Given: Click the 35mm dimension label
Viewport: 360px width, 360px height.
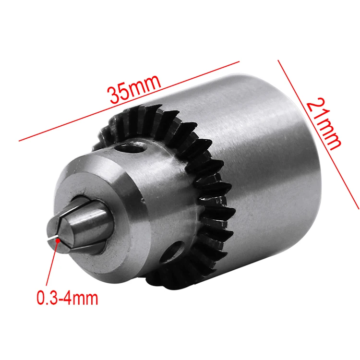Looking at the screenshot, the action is pos(134,89).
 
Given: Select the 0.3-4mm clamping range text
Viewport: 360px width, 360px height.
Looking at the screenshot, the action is pos(67,298).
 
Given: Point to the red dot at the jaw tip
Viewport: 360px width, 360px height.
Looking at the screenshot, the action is pos(58,240).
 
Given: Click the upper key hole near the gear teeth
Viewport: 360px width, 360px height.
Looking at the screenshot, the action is pos(130,148).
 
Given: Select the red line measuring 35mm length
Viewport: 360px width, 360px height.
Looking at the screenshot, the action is pos(129,101).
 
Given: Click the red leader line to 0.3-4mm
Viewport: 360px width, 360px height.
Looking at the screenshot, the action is pos(52,264).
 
